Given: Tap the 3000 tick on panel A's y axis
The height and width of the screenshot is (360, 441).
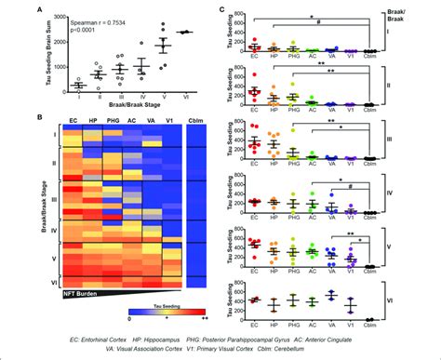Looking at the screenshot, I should coord(54,16).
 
